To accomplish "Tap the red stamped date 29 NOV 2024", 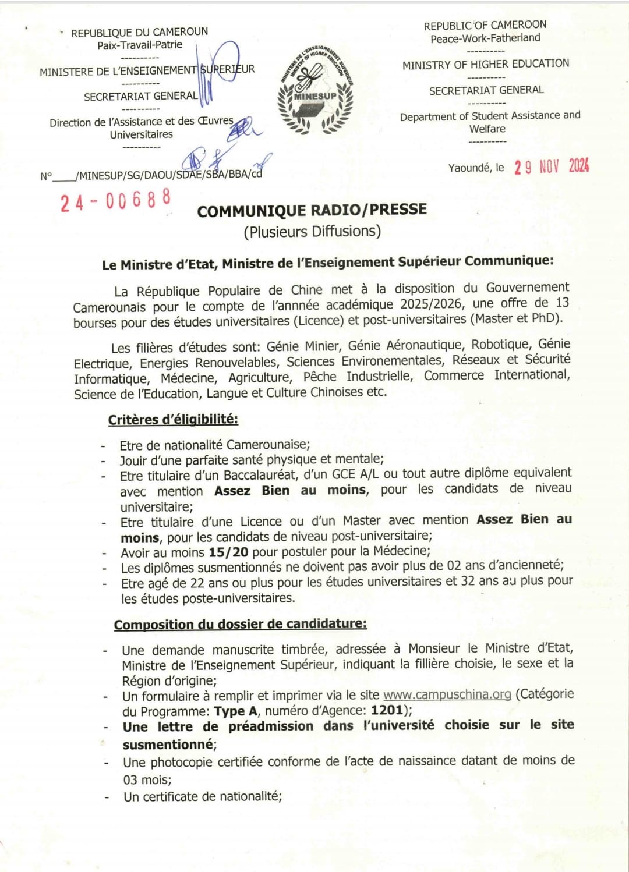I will [551, 166].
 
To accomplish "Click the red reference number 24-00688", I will [115, 200].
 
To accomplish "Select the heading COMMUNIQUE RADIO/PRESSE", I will [312, 210].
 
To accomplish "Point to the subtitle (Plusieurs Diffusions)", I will [312, 232].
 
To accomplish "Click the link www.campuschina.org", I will [447, 694].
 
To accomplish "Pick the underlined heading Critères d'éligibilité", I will [173, 420].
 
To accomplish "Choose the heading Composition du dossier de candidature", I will [240, 625].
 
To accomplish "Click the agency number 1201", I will [387, 710].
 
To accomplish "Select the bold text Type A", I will [235, 711].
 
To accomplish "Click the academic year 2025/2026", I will [432, 304].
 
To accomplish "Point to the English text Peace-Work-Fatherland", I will [485, 38].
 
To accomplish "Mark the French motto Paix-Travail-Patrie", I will [140, 45].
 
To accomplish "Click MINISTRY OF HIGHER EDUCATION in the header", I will [486, 64].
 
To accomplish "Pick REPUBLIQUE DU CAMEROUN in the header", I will [139, 32].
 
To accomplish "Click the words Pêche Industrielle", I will [358, 377].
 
